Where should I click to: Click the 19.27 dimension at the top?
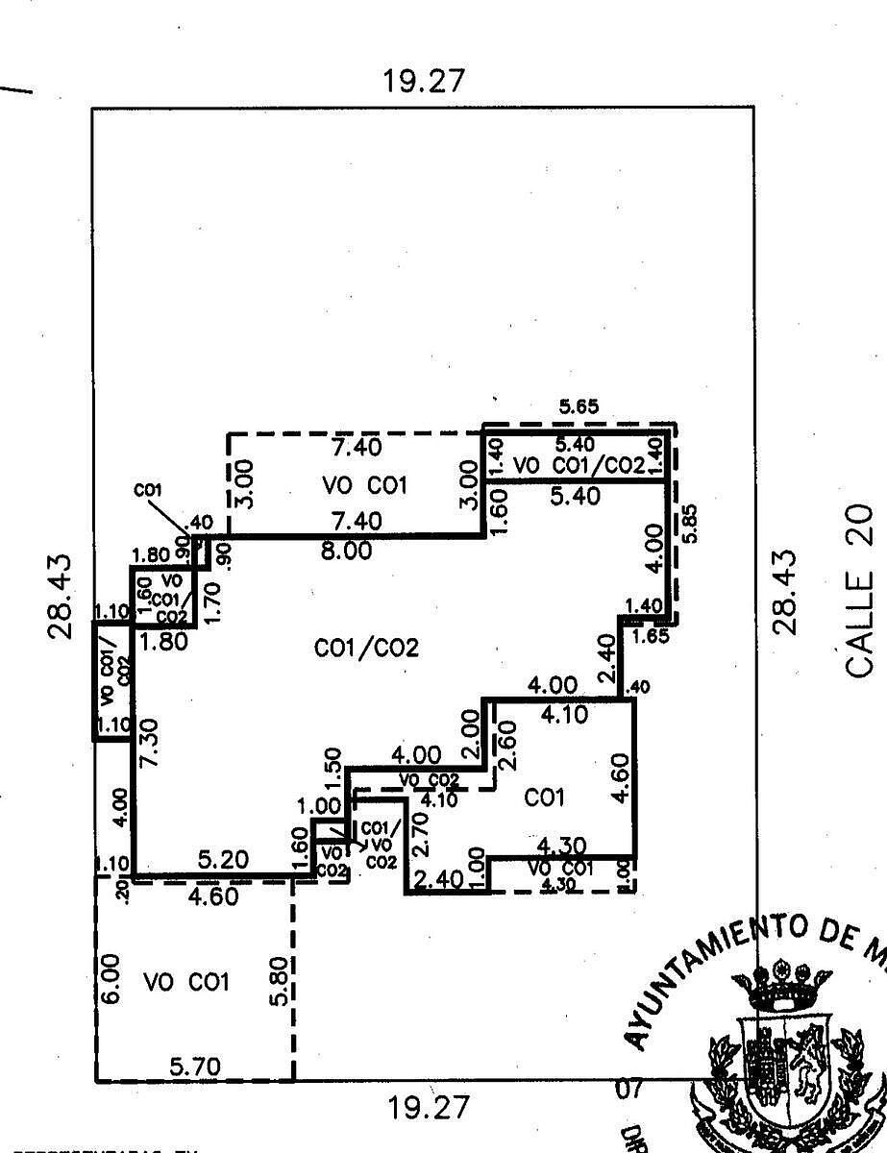tap(423, 81)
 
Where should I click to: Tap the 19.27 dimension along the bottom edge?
tap(429, 1108)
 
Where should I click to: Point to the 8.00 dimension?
tap(346, 552)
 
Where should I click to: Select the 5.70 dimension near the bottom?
tap(195, 1067)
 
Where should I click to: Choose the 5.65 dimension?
tap(579, 407)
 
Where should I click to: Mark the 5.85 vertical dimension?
tap(689, 525)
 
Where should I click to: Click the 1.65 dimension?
tap(651, 635)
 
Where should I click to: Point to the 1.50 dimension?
tap(333, 766)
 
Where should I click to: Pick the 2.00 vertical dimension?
tap(470, 731)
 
